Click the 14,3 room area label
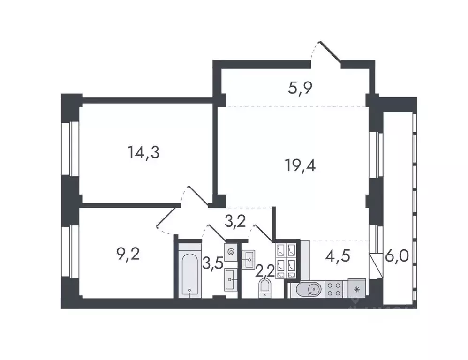pos(143,152)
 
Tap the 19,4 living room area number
pos(300,165)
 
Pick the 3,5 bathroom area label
pos(212,262)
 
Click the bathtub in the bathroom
pos(189,271)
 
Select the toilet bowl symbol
pos(265,289)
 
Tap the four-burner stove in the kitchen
pos(335,288)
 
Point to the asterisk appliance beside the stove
pos(357,288)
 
